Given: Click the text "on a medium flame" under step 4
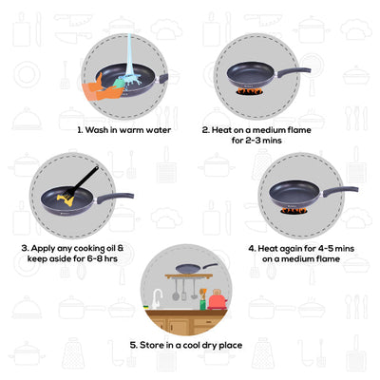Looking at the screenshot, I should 300,256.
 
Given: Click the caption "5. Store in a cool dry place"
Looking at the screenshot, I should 190,347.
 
